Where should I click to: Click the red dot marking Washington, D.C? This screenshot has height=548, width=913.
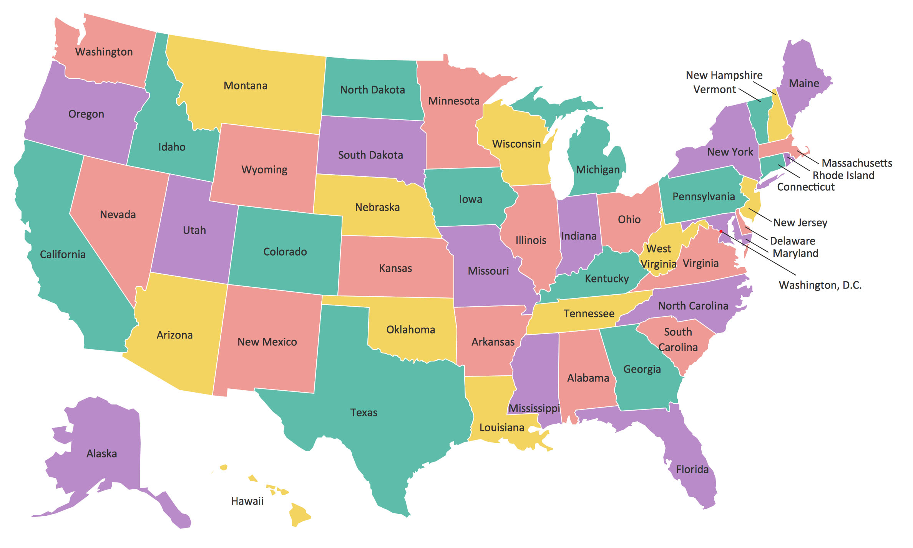pos(721,231)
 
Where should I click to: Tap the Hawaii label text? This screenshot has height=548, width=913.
pos(247,501)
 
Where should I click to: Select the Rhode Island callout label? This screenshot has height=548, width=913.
pos(843,175)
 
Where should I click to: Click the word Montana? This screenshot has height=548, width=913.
pos(246,86)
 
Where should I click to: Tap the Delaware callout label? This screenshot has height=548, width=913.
pos(793,241)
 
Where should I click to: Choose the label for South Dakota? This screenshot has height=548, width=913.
pos(370,155)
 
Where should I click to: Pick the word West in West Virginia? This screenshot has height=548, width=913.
pos(659,249)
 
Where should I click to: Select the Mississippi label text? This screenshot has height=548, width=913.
pos(534,408)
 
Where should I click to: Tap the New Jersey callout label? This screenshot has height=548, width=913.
pos(800,223)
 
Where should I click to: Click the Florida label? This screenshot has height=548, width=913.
pos(692,469)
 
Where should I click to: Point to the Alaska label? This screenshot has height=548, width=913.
pos(102,454)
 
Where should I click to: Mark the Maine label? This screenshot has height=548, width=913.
pos(804,83)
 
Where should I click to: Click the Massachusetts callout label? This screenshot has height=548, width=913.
pos(857,163)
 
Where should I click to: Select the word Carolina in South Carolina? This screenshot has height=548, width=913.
pos(678,347)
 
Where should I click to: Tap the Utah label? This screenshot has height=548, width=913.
pos(194,230)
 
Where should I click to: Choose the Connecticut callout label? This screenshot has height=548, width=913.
pos(806,187)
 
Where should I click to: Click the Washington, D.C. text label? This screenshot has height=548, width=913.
pos(820,285)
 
